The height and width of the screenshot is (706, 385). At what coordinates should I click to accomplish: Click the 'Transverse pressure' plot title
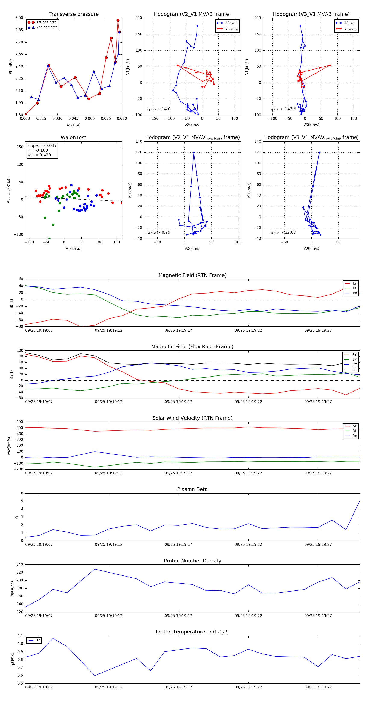coord(73,14)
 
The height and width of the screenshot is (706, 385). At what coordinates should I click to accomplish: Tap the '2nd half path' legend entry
coord(47,27)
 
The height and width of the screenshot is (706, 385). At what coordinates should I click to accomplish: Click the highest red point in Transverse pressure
coord(118,21)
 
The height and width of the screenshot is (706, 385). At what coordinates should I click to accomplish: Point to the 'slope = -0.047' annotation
coord(42,145)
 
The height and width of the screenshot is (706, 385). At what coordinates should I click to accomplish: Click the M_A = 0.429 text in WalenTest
coord(39,155)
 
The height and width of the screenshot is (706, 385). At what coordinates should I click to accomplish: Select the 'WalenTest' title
coord(73,138)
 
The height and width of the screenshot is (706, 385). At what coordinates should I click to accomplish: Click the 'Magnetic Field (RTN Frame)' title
coord(192,275)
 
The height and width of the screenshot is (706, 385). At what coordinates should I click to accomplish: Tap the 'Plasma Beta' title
coord(192,489)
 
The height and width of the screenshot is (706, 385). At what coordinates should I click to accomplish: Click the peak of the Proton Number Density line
coord(95,569)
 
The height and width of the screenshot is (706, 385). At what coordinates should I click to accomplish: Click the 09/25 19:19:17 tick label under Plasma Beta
coord(178,544)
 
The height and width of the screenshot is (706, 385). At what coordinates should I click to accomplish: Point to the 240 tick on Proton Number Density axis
coord(20,565)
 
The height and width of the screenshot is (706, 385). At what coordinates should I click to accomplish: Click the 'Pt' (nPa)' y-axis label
coord(11,67)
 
